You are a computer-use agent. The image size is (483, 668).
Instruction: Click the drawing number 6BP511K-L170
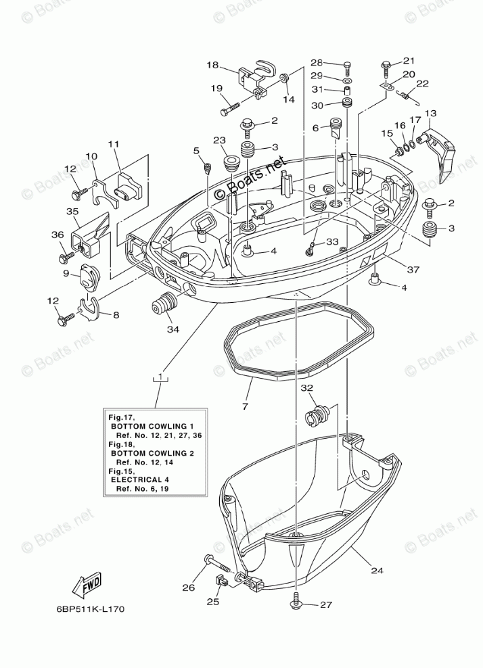coord(90,609)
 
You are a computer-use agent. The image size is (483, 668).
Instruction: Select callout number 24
coord(377,570)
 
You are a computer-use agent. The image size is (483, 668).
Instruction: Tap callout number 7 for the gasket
coord(245,407)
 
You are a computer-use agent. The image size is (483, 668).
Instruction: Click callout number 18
coord(212,65)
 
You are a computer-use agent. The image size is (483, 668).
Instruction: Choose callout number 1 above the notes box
coord(160,375)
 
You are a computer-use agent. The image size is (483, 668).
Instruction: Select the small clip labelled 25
coord(219,581)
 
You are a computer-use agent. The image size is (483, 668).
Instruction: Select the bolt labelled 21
coord(386,66)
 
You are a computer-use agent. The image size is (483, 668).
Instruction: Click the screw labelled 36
coord(66,257)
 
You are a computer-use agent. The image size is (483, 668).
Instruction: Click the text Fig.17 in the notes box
coord(116,419)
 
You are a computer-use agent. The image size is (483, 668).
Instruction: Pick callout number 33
coord(331,241)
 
